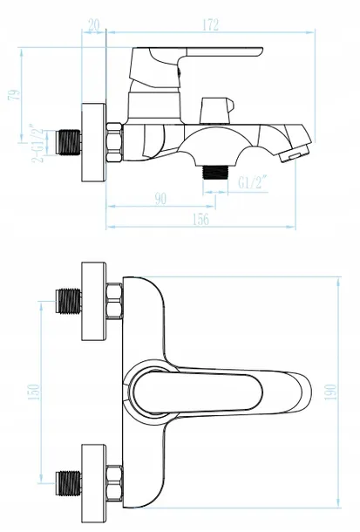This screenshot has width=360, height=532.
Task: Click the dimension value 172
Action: pos(211,24)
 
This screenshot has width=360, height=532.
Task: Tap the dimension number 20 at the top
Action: pos(94,24)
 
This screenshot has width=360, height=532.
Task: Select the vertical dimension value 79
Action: pos(14,95)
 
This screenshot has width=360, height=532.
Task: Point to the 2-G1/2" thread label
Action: pos(37,145)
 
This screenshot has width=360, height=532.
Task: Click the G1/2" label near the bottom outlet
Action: pos(252,182)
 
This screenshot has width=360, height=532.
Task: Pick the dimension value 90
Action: pos(160,199)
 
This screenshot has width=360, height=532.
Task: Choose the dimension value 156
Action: pos(200,219)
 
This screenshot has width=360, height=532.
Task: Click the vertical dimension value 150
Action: pos(33,392)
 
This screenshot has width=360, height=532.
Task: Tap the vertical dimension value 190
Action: pos(330,392)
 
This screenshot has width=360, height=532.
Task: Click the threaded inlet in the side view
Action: pos(68,142)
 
